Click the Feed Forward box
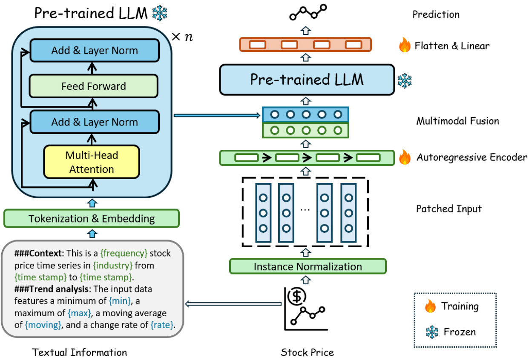(94, 86)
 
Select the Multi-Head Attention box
(92, 162)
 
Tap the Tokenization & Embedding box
(91, 219)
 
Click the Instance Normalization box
(308, 267)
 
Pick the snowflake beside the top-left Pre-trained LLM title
(160, 13)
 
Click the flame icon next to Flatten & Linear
(405, 45)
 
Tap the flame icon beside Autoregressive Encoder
(405, 157)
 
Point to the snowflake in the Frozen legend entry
(432, 331)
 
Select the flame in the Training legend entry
(430, 306)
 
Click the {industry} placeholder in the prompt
(113, 266)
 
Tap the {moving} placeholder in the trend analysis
(43, 325)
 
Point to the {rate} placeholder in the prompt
(162, 325)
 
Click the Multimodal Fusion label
(457, 121)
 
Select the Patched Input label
(448, 209)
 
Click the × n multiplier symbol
(181, 37)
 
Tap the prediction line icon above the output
(308, 13)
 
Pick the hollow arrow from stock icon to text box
(233, 304)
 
